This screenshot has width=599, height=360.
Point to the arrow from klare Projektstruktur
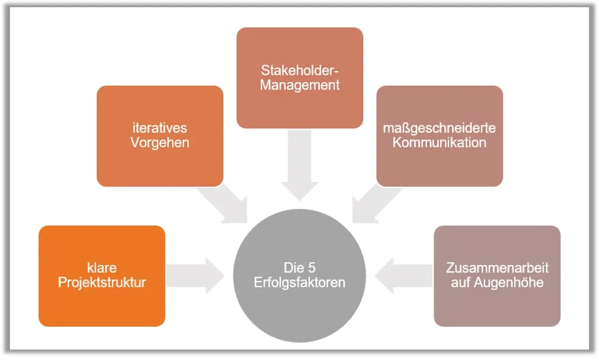point(194,276)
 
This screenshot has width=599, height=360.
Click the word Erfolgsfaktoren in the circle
point(300,282)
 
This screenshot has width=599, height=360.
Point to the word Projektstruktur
point(102,282)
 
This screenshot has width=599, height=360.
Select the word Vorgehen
point(160,143)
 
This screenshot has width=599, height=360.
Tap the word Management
point(300,86)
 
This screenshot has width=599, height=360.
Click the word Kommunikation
point(439,143)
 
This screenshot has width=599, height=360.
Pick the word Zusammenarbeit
point(497,268)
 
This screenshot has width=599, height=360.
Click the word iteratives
point(160,128)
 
